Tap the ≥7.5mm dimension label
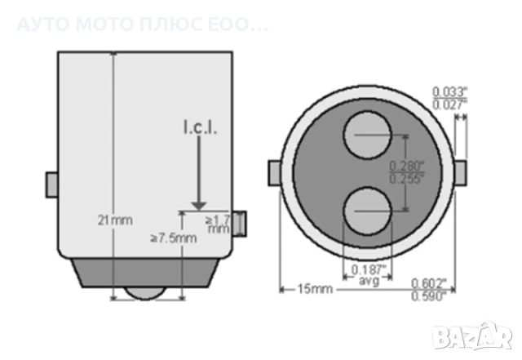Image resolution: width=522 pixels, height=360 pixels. [x=174, y=238]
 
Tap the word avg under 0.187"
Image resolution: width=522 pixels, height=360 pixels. [x=369, y=281]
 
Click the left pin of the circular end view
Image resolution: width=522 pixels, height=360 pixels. [x=275, y=173]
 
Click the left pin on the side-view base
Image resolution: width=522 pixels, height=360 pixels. [x=51, y=183]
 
